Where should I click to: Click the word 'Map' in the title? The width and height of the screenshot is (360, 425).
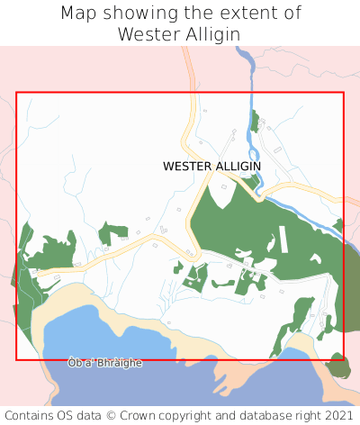tap(79, 14)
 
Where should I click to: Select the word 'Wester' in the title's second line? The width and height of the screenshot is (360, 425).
tap(148, 34)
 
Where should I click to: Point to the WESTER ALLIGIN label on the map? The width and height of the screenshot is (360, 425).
tap(211, 167)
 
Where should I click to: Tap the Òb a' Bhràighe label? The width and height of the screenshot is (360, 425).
tap(104, 362)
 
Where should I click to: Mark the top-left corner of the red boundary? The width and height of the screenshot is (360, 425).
tap(17, 93)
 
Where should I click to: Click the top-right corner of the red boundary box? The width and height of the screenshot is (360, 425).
tap(344, 93)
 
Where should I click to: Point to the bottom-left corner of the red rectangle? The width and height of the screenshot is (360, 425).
tap(17, 360)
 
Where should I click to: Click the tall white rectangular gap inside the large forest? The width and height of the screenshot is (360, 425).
tap(283, 239)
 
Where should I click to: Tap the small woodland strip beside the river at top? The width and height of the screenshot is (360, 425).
tap(255, 122)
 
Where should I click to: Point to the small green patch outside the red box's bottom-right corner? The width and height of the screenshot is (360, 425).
tap(338, 366)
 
